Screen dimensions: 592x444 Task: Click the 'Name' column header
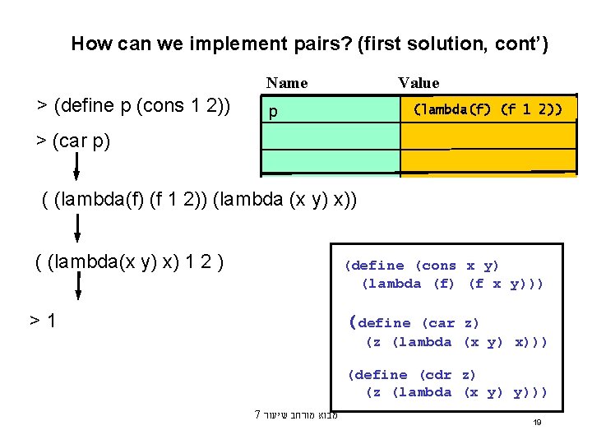pos(287,82)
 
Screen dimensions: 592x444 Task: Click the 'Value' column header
pos(419,82)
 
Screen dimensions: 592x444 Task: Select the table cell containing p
pos(330,109)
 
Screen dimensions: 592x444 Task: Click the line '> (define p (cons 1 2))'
pos(134,106)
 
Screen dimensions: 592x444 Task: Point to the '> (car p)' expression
pos(72,141)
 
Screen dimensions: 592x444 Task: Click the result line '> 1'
pos(44,319)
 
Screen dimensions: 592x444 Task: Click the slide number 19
pos(536,422)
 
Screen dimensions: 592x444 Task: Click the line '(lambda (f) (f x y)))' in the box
pos(452,284)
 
